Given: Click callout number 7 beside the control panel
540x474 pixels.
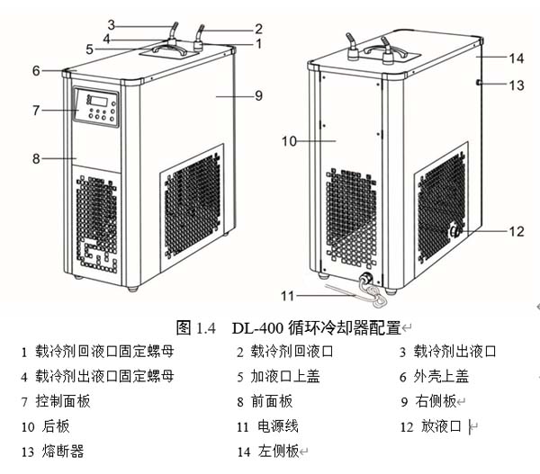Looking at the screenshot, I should [x=36, y=111].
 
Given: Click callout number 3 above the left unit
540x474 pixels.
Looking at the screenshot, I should [x=111, y=24].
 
